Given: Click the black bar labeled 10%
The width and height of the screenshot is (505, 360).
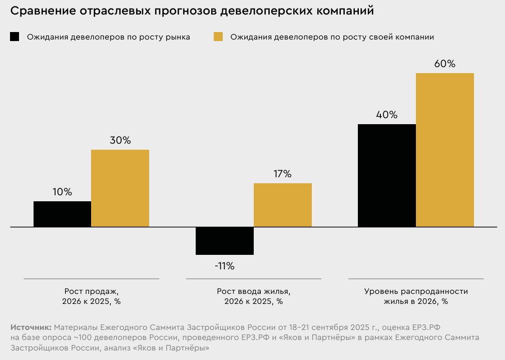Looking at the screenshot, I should pos(62,214).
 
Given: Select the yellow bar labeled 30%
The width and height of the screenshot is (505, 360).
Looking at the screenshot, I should pos(120,188).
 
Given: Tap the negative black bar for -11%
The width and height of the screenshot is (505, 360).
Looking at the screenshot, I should pos(225,241).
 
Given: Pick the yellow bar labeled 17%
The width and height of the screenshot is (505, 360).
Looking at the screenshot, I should pos(283,205).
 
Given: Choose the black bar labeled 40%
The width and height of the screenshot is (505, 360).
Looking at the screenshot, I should pos(387,175).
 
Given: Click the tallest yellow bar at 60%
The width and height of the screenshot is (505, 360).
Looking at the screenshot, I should pos(445,150).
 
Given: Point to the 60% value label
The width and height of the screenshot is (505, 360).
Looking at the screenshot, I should pos(445,64).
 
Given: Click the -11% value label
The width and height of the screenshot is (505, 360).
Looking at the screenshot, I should pos(224,266).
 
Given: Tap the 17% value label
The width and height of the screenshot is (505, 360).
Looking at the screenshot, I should pos(282,174).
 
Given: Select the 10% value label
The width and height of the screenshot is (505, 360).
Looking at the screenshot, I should pos(62,192).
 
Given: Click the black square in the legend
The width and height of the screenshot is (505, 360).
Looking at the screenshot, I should pos(15,37).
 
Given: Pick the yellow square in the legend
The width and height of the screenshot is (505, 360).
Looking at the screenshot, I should pos(218,37).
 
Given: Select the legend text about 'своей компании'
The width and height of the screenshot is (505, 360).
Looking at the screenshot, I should pos(332,37).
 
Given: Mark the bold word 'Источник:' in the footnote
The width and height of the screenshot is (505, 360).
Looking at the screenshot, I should pos(31,327).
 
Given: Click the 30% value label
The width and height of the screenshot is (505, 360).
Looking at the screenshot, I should pos(120,140).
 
